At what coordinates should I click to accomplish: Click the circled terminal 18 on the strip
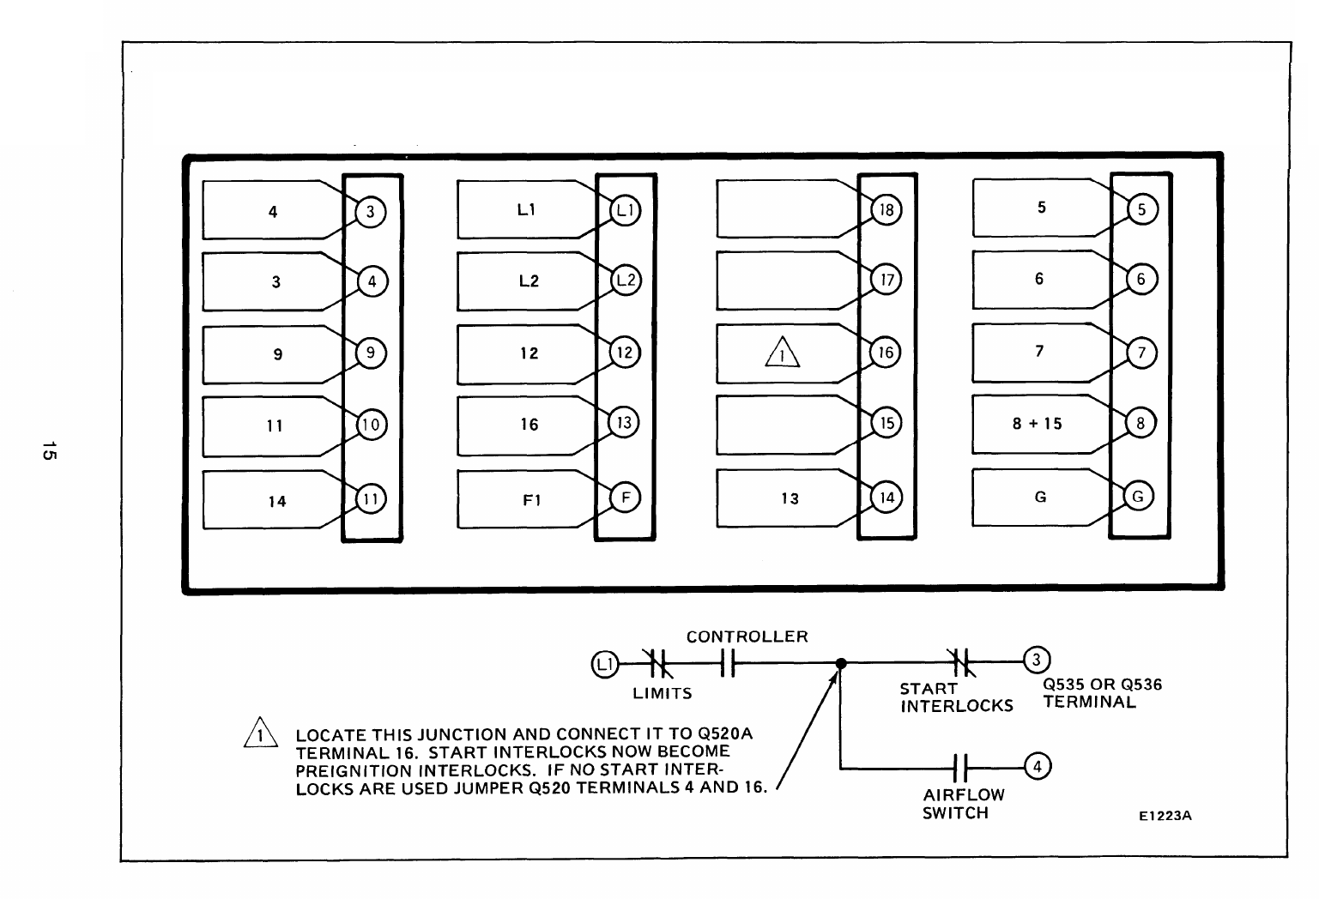886,210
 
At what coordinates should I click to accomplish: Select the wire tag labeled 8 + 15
1038,424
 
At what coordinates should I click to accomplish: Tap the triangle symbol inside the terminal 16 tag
782,353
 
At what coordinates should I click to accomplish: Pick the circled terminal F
625,498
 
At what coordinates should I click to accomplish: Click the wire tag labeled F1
531,499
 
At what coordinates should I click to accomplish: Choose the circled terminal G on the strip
1138,497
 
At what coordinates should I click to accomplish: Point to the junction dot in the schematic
841,663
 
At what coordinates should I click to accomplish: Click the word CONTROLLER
747,637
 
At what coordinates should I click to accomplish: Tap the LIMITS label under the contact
662,693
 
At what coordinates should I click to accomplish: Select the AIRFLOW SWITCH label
963,804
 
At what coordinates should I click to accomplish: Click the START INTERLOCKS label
956,697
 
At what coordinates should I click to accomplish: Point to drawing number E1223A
1165,816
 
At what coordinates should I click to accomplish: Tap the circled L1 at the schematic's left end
604,663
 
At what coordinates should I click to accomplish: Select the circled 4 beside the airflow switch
1038,767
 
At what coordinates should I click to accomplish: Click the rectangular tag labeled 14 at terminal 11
275,501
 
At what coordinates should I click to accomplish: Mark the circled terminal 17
886,281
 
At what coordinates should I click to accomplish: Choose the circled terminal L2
626,281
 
